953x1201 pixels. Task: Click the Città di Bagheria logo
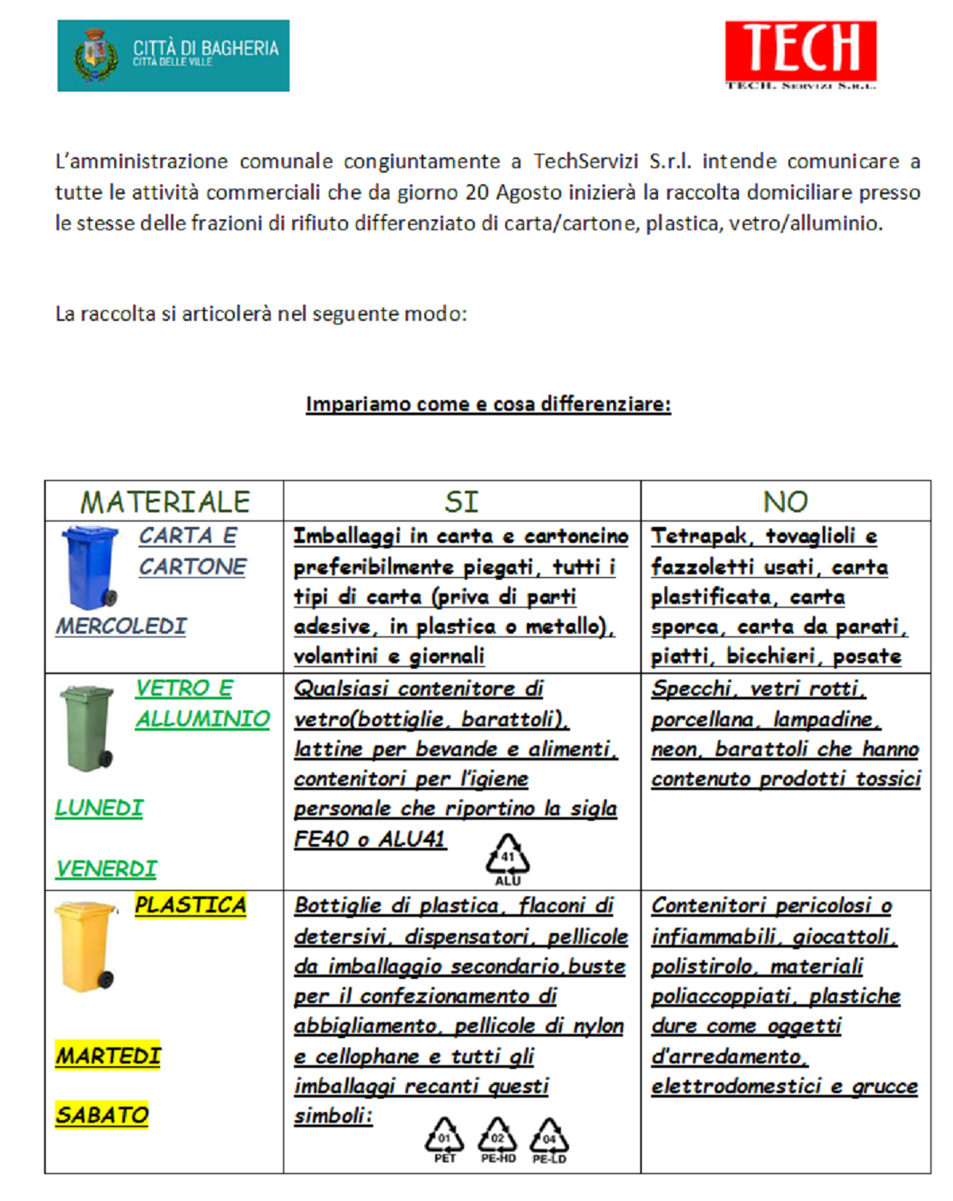click(x=173, y=56)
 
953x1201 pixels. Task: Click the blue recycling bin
click(x=91, y=567)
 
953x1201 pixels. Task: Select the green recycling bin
click(x=87, y=728)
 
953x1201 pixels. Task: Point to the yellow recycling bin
click(x=85, y=947)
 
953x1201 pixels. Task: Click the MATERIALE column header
click(x=165, y=502)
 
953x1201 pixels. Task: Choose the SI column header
click(x=461, y=502)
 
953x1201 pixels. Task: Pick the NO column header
click(x=785, y=502)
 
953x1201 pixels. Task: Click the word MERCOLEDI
click(x=121, y=626)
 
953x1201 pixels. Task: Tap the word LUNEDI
click(x=100, y=808)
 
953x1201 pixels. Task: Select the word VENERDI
click(x=106, y=869)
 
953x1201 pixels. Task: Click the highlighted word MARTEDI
click(x=109, y=1055)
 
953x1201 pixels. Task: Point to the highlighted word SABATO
click(x=102, y=1116)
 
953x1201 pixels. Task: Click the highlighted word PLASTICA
click(x=191, y=905)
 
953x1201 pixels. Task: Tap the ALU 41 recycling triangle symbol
click(x=507, y=857)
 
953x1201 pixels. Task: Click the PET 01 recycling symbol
click(x=444, y=1138)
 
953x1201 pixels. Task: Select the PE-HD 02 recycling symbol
click(x=497, y=1138)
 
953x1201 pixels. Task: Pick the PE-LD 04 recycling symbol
click(x=549, y=1138)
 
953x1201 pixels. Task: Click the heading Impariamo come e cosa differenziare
click(x=488, y=405)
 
